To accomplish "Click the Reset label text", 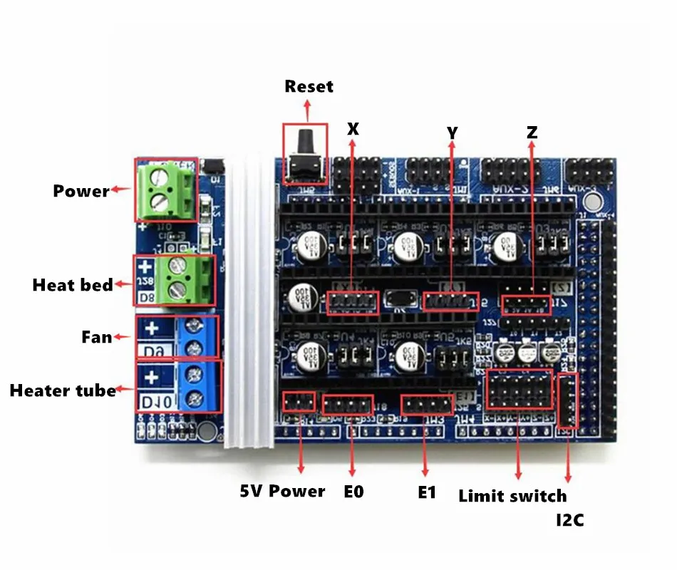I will pyautogui.click(x=309, y=87).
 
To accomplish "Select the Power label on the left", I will pyautogui.click(x=81, y=191).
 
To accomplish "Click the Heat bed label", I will pyautogui.click(x=73, y=286).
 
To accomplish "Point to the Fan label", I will pyautogui.click(x=96, y=336).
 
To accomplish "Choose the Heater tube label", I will pyautogui.click(x=63, y=390).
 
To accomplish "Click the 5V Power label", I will pyautogui.click(x=282, y=492).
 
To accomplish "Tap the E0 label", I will pyautogui.click(x=353, y=492).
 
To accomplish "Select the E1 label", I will pyautogui.click(x=426, y=492).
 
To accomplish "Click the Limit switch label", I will pyautogui.click(x=512, y=496).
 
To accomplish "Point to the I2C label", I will pyautogui.click(x=569, y=521).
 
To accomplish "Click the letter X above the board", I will pyautogui.click(x=353, y=129).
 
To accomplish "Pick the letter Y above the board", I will pyautogui.click(x=452, y=133).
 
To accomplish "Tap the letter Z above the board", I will pyautogui.click(x=532, y=133).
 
